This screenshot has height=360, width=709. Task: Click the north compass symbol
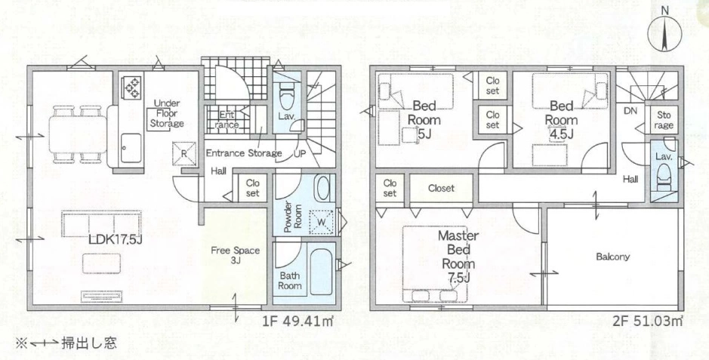[x=664, y=33]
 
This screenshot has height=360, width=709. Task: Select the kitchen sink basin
[x=131, y=148]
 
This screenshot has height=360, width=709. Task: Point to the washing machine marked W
[x=322, y=222]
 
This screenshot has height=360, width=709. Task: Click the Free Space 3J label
[x=235, y=255]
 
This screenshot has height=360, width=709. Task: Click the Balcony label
[x=612, y=257]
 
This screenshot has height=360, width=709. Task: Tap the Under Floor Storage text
[x=168, y=113]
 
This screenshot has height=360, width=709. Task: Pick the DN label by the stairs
[x=630, y=111]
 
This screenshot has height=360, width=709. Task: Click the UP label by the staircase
[x=299, y=153]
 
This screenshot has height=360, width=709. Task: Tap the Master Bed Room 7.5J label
[x=458, y=257]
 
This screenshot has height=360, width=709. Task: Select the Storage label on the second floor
[x=664, y=120]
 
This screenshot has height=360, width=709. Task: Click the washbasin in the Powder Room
[x=323, y=189]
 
